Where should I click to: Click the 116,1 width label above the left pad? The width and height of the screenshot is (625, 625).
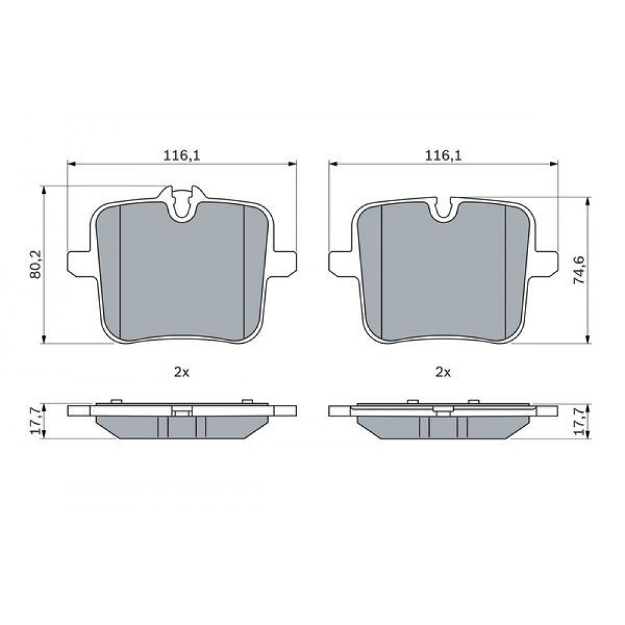pyautogui.click(x=182, y=156)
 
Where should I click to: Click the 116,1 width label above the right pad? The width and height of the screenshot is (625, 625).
pyautogui.click(x=443, y=156)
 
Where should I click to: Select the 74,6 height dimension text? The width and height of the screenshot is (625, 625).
pyautogui.click(x=579, y=270)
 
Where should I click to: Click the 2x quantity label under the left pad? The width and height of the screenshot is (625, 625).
pyautogui.click(x=181, y=372)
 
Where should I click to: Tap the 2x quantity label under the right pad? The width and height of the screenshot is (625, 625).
pyautogui.click(x=443, y=372)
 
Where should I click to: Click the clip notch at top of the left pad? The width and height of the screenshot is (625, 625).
pyautogui.click(x=182, y=202)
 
